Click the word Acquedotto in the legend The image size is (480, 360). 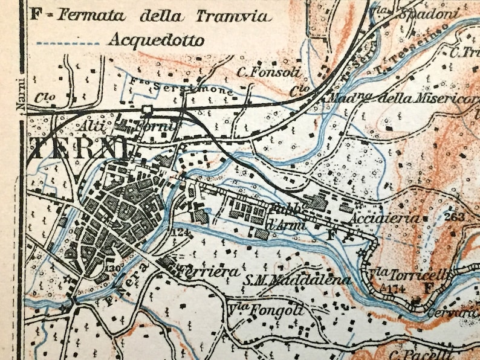tap(155, 40)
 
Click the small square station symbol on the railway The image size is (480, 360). tap(146, 109)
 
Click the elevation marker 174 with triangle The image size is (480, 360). tap(394, 290)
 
